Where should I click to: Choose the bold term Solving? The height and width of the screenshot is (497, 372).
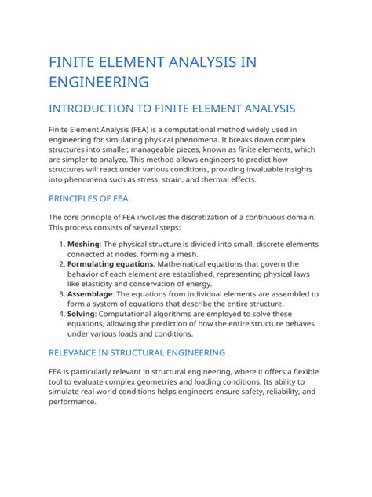pos(83,312)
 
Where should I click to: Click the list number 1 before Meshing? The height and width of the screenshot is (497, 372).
pos(62,245)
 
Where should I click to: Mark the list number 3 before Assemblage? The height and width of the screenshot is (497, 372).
pos(62,293)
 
